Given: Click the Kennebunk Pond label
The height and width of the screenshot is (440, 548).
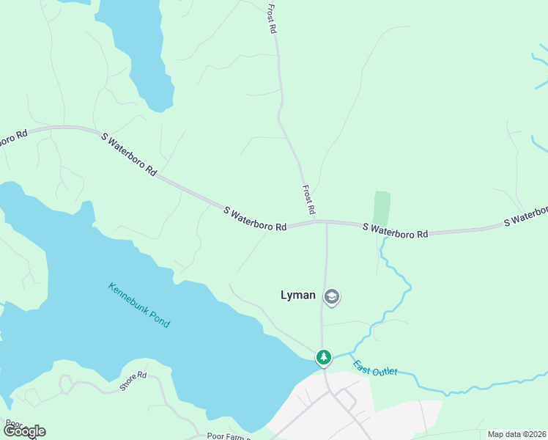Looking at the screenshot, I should (x=138, y=305).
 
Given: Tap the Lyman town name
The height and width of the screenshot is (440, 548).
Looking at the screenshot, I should (x=298, y=296).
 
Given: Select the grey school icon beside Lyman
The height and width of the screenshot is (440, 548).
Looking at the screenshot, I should (x=332, y=296).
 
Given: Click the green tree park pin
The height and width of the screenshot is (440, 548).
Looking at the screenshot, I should (x=323, y=357).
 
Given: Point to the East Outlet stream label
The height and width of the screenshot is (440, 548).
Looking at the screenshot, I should (x=375, y=367).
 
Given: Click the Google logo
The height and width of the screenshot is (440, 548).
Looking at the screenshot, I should (x=24, y=431).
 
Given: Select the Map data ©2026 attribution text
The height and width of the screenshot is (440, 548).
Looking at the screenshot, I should (x=516, y=434).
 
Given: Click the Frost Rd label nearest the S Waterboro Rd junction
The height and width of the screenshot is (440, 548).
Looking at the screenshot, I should (x=309, y=199).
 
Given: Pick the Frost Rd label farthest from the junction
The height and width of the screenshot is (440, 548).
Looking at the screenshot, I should (x=272, y=19).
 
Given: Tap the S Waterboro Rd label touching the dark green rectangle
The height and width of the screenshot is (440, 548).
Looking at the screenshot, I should (x=395, y=231).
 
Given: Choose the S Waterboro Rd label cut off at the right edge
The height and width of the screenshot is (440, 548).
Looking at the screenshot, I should (x=525, y=219).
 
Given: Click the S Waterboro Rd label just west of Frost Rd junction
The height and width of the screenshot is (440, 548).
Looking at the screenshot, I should (x=255, y=219).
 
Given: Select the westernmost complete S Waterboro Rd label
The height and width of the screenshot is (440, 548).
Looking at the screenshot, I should (x=129, y=154).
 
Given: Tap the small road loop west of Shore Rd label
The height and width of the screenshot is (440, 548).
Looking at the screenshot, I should (x=67, y=384).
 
